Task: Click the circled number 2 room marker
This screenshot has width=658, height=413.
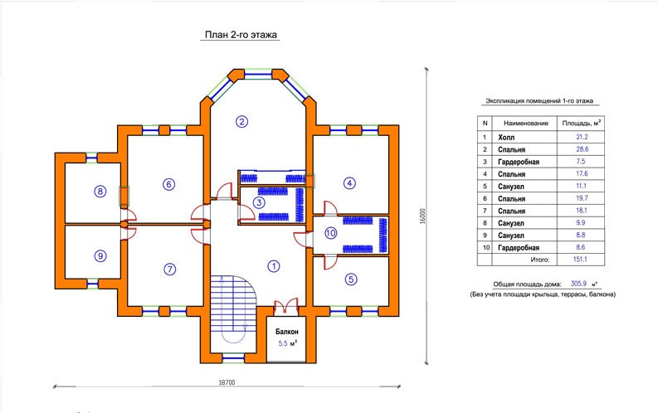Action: [241, 122]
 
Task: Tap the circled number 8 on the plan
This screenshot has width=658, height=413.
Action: [100, 192]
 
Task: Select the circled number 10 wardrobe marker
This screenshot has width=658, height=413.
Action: [331, 233]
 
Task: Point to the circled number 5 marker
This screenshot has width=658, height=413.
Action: [351, 279]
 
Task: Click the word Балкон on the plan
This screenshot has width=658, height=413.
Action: [287, 332]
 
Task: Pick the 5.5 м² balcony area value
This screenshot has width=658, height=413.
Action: [287, 343]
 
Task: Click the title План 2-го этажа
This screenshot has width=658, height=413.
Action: [241, 34]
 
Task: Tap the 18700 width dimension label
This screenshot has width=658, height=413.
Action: [227, 382]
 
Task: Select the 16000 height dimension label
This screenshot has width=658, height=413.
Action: [422, 216]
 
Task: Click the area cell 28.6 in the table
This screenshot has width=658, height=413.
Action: [582, 148]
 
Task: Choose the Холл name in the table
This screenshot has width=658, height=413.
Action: [506, 137]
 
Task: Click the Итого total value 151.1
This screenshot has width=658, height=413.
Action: [580, 259]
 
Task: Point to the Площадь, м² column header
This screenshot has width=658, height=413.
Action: [581, 123]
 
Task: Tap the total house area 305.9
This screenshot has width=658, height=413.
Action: [578, 284]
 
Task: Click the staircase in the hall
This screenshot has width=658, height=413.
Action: [233, 313]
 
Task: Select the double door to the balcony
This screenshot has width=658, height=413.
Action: [285, 307]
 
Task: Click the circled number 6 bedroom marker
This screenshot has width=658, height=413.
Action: [168, 184]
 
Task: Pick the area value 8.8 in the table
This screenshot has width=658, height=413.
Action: [581, 235]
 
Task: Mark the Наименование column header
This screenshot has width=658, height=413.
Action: [526, 124]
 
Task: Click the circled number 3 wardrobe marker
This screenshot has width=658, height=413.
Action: [259, 203]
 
